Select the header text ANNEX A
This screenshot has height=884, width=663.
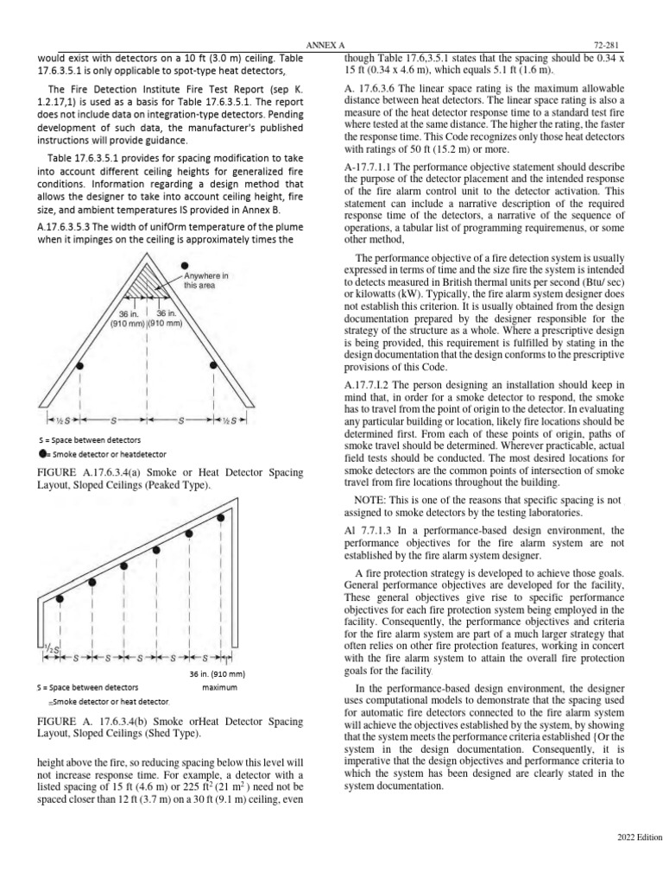tap(325, 44)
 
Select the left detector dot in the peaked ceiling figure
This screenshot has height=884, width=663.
tap(79, 366)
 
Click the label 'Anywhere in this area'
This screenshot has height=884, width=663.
tap(205, 281)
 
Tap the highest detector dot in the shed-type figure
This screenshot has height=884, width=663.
tap(222, 518)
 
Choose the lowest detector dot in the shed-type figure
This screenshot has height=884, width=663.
tap(60, 598)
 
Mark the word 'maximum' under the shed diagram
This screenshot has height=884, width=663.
tap(219, 688)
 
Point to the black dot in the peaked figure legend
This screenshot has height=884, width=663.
tap(42, 453)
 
